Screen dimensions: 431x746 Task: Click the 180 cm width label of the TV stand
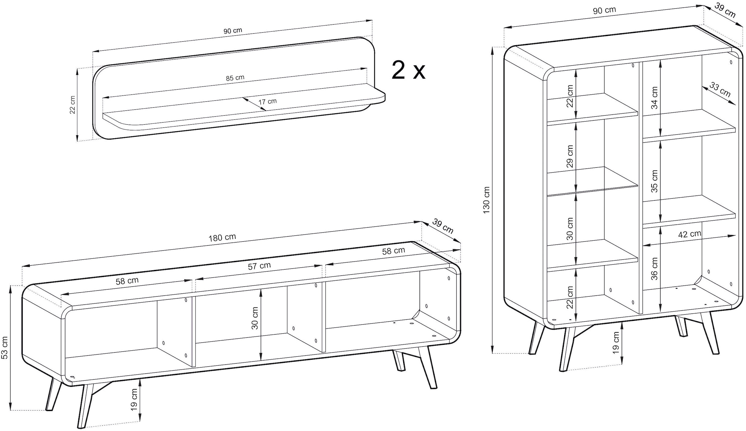[222, 238]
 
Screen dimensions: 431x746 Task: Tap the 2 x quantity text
[408, 71]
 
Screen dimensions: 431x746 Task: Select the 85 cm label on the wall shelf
[235, 78]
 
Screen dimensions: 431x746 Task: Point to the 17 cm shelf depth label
[267, 101]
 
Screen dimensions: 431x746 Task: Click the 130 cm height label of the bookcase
[486, 200]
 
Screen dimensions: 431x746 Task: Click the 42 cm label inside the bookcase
[689, 234]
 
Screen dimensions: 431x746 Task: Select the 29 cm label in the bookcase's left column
[570, 156]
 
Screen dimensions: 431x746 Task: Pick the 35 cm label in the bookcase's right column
[654, 181]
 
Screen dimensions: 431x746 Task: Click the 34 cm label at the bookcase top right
[654, 98]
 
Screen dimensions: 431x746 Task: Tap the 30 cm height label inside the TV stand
[255, 318]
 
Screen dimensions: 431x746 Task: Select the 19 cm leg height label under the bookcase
[616, 342]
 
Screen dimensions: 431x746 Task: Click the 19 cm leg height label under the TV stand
[134, 399]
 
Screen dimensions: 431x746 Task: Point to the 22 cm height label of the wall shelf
[72, 105]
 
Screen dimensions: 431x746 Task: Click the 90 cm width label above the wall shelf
[233, 31]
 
